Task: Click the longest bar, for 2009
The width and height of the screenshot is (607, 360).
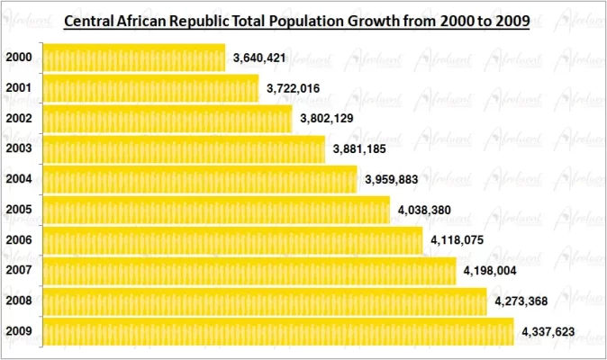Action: pyautogui.click(x=278, y=331)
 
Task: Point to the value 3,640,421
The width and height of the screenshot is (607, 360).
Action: pyautogui.click(x=260, y=58)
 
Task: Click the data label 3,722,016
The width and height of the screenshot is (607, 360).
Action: pyautogui.click(x=294, y=88)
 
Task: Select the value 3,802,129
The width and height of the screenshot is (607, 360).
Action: pyautogui.click(x=327, y=119)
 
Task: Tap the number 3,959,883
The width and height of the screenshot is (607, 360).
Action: pyautogui.click(x=393, y=179)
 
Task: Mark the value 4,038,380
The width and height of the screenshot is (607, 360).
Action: pyautogui.click(x=424, y=211)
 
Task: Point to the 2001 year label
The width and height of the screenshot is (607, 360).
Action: pyautogui.click(x=19, y=88)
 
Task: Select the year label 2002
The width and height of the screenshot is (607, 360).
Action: pyautogui.click(x=19, y=119)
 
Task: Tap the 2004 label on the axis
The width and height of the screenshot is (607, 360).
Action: pyautogui.click(x=19, y=179)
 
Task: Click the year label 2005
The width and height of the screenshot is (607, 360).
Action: pyautogui.click(x=19, y=210)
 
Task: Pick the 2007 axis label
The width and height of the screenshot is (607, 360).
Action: pyautogui.click(x=19, y=270)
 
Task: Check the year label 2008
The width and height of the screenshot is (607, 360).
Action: pyautogui.click(x=19, y=301)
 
